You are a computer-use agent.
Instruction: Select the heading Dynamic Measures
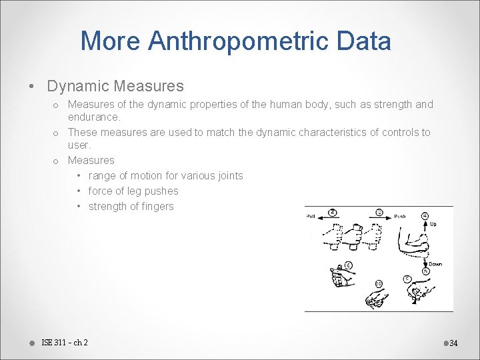point(115,86)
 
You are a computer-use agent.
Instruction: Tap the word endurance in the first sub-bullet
point(93,117)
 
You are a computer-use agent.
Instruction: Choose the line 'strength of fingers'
point(131,207)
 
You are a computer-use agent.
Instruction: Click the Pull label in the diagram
point(311,217)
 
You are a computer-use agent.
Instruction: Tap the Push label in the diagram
point(400,217)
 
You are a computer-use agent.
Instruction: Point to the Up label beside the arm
point(433,224)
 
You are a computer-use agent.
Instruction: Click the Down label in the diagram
point(435,264)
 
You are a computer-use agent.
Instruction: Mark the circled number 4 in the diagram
point(425,216)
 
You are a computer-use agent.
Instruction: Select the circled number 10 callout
point(379,284)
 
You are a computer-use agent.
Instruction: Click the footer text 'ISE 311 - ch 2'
point(64,343)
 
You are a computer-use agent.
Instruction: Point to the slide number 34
point(453,343)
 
